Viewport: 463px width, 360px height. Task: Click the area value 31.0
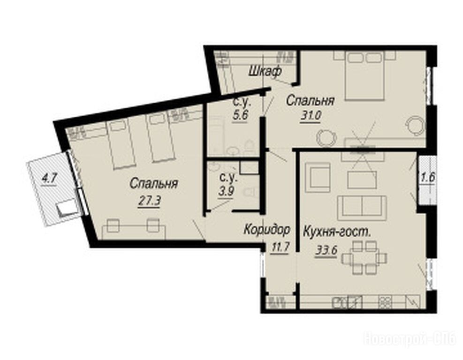311,115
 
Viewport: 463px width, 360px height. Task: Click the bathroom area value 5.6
240,115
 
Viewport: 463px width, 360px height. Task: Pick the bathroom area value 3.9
226,192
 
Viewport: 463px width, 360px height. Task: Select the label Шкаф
265,71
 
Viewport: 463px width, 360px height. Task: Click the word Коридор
267,229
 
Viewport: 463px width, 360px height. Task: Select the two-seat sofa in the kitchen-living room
362,206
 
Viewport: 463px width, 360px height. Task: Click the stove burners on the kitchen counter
385,301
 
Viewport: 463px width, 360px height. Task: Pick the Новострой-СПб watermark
410,339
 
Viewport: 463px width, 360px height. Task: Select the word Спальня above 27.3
153,184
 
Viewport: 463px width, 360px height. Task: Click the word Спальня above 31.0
311,101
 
